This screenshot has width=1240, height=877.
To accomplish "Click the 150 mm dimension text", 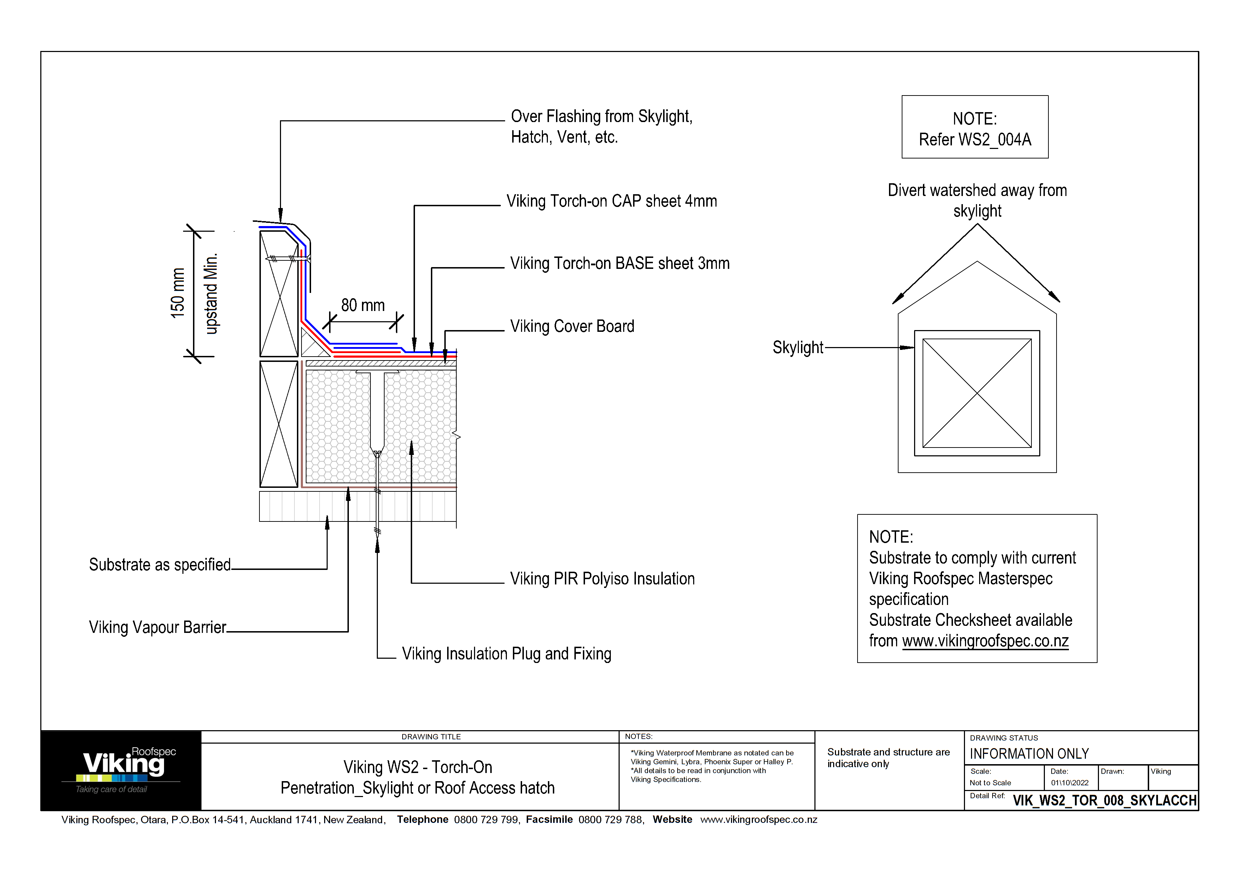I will (x=178, y=293).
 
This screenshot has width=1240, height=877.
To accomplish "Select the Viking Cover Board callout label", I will (x=572, y=327).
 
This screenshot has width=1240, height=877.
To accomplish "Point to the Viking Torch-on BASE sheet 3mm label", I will (x=619, y=263).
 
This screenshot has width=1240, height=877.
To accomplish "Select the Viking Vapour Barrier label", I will (x=157, y=627).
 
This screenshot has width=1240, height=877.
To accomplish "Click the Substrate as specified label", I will (x=160, y=565).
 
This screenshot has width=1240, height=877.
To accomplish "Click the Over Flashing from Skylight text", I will (x=601, y=117).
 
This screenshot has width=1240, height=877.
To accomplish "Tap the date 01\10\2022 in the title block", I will (x=1069, y=783).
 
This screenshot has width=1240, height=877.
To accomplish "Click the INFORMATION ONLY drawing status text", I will (x=1029, y=754).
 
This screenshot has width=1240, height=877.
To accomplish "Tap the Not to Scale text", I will (x=990, y=783).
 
